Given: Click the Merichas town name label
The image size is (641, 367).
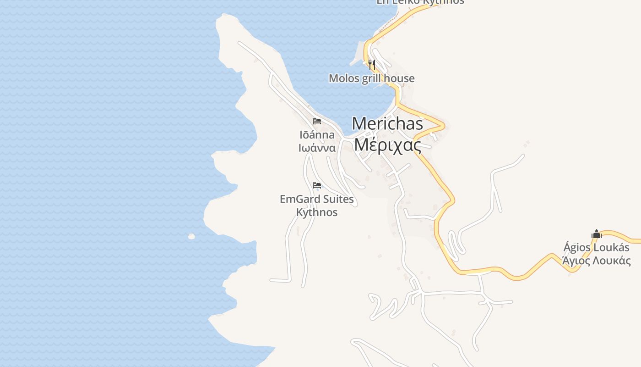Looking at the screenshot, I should click(x=387, y=123).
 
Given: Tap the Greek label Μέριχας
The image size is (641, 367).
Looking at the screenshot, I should click(x=387, y=145).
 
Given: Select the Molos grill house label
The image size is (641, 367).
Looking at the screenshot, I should click(x=371, y=78).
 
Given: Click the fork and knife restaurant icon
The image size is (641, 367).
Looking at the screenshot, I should click(x=372, y=64).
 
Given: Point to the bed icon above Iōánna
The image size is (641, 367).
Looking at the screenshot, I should click(x=316, y=121).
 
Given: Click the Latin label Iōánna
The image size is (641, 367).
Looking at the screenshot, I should click(x=317, y=135).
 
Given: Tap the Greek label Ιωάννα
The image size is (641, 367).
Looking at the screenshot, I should click(x=317, y=148).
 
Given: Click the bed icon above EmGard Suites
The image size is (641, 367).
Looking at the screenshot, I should click(x=316, y=185).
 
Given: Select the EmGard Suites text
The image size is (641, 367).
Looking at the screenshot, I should click(x=316, y=199).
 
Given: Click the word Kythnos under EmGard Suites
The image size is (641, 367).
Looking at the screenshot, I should click(x=317, y=212).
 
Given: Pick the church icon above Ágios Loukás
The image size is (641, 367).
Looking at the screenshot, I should click(x=596, y=234).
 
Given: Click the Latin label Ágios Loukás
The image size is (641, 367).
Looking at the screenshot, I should click(x=596, y=248).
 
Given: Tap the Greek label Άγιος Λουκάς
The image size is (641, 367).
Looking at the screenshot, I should click(x=596, y=261).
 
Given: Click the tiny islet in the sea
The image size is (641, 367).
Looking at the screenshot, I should click(x=191, y=237).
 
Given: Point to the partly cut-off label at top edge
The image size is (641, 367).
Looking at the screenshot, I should click(x=420, y=2).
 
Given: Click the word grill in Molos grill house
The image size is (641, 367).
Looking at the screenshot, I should click(x=371, y=78).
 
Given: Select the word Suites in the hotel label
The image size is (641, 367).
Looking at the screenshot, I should click(x=338, y=199).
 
